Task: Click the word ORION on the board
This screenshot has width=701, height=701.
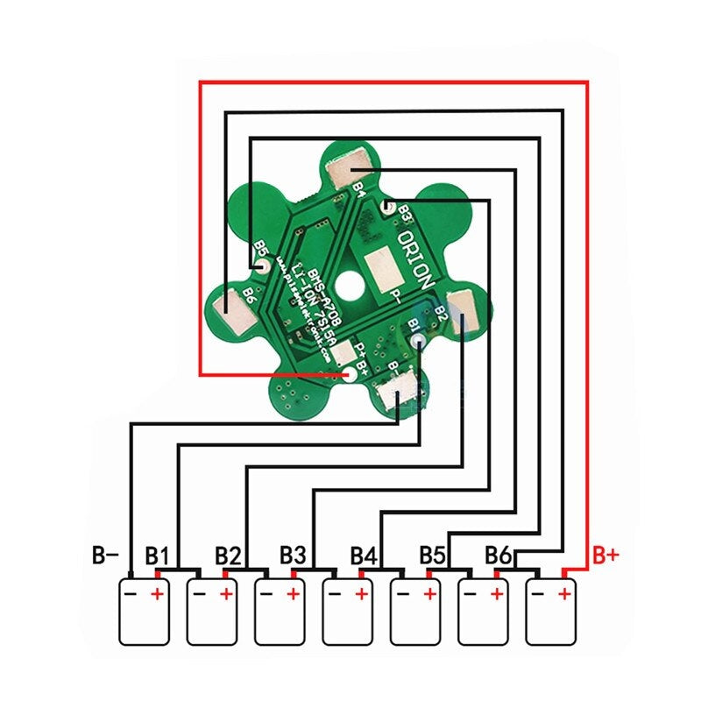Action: point(415,261)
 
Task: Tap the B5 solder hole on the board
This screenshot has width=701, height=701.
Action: point(260,266)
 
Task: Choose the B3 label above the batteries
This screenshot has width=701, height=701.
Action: point(294,556)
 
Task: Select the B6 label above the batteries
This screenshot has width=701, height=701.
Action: point(499,556)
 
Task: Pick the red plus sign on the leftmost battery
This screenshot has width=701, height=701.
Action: point(158,594)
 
